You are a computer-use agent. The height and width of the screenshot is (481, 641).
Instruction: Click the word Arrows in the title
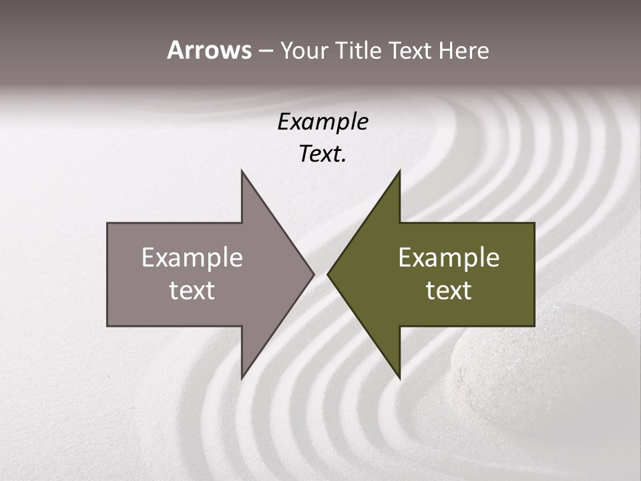(209, 50)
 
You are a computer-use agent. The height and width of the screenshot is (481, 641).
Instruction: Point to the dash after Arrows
(265, 51)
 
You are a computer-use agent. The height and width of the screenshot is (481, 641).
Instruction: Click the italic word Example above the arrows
(323, 122)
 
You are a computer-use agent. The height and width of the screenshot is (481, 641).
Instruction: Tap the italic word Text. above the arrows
(323, 154)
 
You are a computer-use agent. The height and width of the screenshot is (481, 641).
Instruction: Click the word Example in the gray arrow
(192, 258)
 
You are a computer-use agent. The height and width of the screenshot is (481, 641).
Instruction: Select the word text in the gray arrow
(192, 290)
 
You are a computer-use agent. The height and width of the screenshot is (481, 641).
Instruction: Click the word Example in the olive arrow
(449, 258)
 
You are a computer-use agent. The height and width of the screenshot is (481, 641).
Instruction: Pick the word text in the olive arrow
(449, 290)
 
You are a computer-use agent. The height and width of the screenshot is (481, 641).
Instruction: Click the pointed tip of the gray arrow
(313, 274)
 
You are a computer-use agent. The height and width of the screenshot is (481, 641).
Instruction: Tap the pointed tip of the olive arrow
(328, 274)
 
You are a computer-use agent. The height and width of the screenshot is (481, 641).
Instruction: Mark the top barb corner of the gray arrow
(242, 171)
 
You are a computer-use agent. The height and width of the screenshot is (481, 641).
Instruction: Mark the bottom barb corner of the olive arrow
(399, 378)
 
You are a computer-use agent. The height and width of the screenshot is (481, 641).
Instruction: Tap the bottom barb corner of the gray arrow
(242, 378)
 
